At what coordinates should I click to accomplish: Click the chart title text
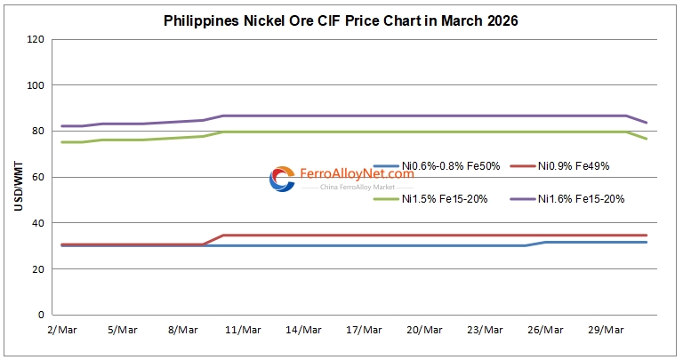[341, 20]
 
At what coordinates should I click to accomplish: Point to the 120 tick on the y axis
[36, 40]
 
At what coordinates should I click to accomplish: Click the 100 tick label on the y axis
[36, 85]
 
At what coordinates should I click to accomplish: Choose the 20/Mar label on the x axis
[424, 330]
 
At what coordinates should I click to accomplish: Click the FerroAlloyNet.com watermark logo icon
[282, 179]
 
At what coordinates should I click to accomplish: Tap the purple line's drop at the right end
[637, 119]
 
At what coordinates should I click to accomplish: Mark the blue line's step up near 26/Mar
[535, 244]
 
